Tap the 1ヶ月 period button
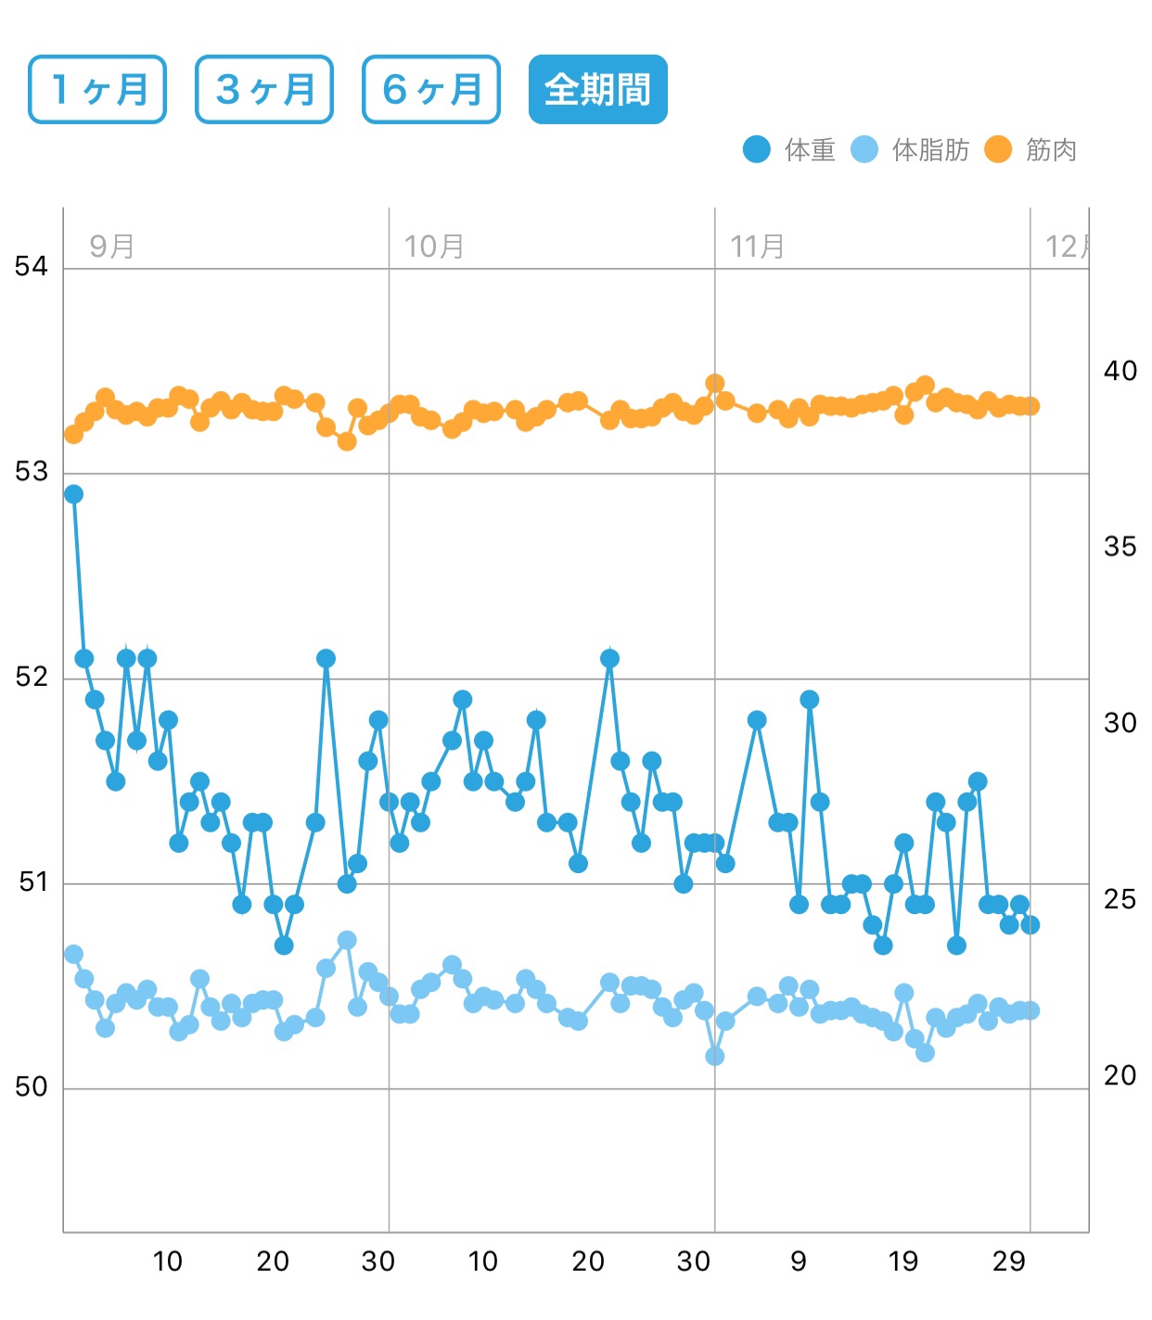point(97,89)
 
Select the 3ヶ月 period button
point(264,89)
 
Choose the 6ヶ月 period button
point(431,89)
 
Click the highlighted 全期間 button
point(597,89)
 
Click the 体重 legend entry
point(789,149)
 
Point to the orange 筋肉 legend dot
point(998,149)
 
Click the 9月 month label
point(112,247)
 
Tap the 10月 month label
point(434,247)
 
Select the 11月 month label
point(758,247)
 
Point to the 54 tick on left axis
point(31,267)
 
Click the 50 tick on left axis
point(31,1087)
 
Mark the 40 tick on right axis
point(1120,371)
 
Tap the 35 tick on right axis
point(1120,547)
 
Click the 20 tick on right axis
point(1120,1075)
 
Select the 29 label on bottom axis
point(1009,1261)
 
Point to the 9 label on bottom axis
point(799,1261)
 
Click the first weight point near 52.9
point(73,494)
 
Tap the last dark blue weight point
point(1030,924)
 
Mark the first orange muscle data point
point(73,434)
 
